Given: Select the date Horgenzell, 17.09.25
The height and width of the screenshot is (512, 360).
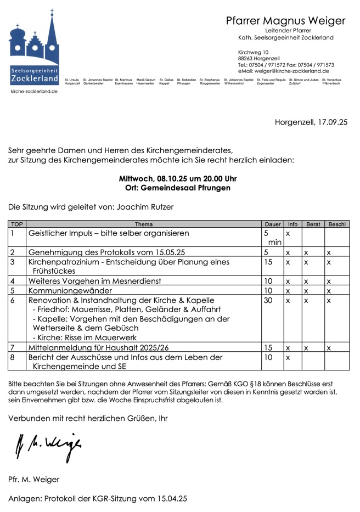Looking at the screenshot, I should point(311,122).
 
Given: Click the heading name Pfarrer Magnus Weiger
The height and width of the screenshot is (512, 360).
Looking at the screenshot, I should point(285,21).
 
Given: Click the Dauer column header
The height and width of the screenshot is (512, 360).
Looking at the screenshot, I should point(272,224).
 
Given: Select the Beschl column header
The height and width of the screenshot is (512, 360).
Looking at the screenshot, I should point(336,224).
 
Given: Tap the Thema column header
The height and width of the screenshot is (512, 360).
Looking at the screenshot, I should point(144,224).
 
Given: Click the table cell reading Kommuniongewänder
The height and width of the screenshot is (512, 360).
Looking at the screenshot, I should point(70,290).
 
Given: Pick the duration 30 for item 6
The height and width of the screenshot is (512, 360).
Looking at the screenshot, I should point(268,301).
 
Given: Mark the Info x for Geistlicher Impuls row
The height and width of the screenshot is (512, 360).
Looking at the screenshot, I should point(288,233).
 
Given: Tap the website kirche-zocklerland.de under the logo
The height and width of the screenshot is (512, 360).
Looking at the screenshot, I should point(34,91).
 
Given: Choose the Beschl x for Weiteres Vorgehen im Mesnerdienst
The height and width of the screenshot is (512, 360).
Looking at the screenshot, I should point(328,281).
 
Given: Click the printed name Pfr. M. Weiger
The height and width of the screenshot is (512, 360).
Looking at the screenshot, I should point(34,479).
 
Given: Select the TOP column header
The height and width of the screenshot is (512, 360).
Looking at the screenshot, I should point(17,224).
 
